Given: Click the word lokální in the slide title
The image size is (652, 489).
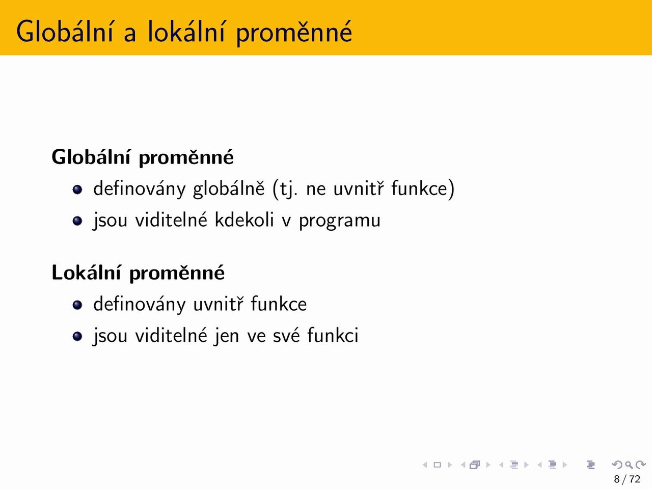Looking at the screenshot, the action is pos(185,32).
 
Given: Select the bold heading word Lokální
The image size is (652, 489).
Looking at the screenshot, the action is pos(86,272).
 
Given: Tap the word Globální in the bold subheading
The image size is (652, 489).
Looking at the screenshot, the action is pos(91,156).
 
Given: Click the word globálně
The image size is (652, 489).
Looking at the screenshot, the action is pos(228,188).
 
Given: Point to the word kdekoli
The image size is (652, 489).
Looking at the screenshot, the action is pos(244,220).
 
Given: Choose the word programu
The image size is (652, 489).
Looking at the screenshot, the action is pos(340,222).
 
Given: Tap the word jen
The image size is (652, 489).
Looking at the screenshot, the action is pos(226,336).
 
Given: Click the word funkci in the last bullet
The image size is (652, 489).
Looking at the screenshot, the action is pos(333,335).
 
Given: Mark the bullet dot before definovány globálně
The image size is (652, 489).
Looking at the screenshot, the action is pos(77,189).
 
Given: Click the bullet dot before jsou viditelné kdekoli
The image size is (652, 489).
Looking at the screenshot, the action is pos(77,221).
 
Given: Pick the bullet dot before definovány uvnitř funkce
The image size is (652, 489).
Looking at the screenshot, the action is pos(77,305).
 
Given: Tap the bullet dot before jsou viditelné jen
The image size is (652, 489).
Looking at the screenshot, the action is pos(77,336).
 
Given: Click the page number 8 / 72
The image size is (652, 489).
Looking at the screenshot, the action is pos(627,479).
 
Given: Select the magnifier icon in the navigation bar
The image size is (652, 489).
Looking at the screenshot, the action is pos(629,465).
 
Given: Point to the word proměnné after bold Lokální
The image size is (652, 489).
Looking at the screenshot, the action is pos(177,273).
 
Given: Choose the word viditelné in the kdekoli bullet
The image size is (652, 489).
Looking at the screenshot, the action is pos(171,220).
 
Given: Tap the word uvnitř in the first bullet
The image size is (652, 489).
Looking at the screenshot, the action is pos(359,188).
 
